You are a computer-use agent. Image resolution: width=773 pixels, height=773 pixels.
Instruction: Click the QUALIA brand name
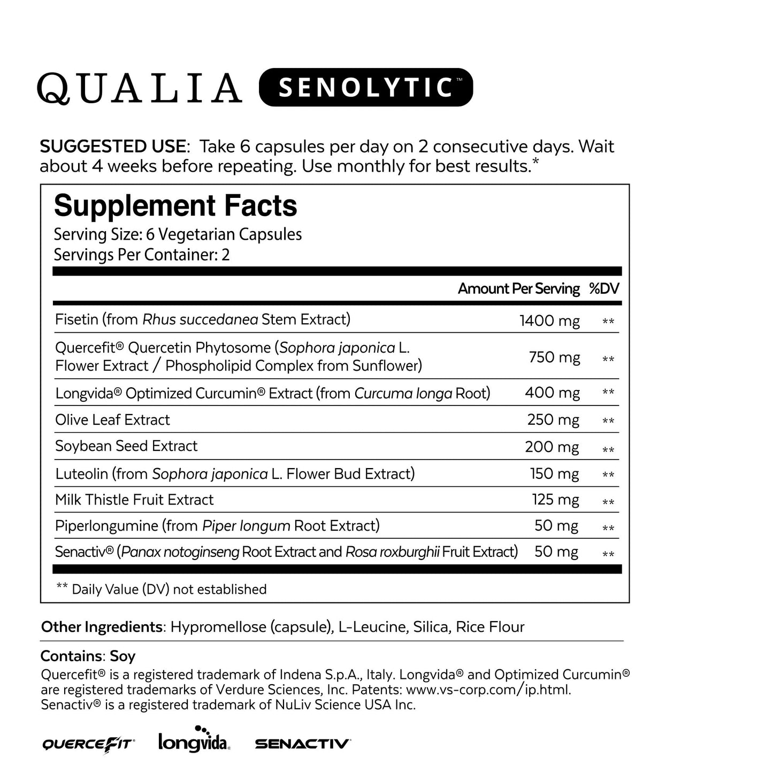click(139, 88)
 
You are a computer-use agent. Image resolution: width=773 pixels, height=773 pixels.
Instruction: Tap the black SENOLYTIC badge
click(366, 87)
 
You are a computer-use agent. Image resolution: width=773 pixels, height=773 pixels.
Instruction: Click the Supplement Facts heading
click(175, 206)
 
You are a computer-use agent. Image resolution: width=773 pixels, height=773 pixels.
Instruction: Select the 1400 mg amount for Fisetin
click(549, 320)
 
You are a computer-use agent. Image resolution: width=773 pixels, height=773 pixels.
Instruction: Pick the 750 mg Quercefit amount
click(554, 357)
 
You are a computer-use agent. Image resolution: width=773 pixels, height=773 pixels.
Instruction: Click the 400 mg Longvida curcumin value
click(552, 393)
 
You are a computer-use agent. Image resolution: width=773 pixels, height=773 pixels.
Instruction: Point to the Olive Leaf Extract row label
click(112, 420)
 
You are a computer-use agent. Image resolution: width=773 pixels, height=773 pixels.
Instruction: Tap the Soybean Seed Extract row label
click(126, 446)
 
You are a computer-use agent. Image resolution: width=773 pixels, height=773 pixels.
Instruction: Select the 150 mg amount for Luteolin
click(554, 474)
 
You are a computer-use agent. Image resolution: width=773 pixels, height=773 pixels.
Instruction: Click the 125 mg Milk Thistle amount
click(555, 500)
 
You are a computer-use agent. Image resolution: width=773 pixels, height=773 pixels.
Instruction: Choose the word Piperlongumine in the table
click(106, 526)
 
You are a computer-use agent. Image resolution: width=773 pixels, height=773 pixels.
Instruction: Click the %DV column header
click(604, 289)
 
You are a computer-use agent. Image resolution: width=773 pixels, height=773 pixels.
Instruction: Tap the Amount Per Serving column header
click(518, 289)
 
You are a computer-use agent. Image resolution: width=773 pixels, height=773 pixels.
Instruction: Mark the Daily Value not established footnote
click(162, 589)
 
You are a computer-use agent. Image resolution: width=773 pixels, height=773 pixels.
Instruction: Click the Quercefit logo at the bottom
click(88, 744)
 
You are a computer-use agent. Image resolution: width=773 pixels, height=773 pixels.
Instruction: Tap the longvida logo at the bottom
click(194, 740)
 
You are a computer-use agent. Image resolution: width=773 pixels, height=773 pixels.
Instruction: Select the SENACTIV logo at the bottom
click(303, 744)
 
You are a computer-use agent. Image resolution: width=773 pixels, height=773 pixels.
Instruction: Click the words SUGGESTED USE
click(112, 147)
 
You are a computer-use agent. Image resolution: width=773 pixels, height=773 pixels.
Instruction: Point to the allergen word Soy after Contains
click(123, 656)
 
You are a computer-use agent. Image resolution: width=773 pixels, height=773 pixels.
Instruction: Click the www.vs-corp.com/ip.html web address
click(488, 690)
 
